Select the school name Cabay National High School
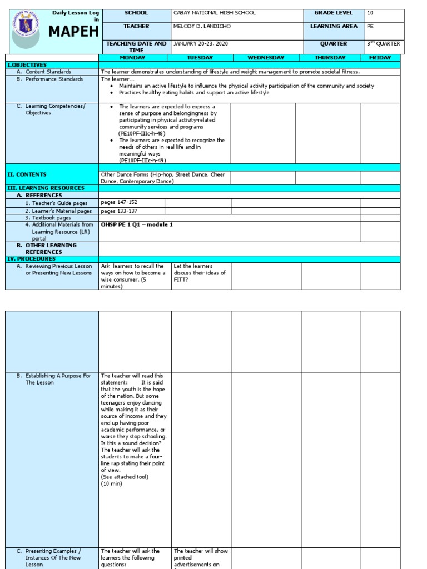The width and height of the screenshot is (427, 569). click(215, 13)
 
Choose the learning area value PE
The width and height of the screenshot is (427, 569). click(371, 26)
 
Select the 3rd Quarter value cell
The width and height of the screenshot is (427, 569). click(383, 43)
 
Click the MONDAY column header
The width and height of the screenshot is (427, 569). click(132, 58)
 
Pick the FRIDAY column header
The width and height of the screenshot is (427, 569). click(380, 58)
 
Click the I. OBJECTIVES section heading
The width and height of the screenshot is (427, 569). click(27, 65)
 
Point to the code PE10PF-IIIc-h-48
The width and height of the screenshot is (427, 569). click(141, 133)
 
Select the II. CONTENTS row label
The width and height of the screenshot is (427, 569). click(27, 174)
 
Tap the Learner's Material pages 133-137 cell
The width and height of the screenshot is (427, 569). click(119, 211)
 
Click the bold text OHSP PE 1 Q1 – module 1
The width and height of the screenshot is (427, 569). click(137, 224)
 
